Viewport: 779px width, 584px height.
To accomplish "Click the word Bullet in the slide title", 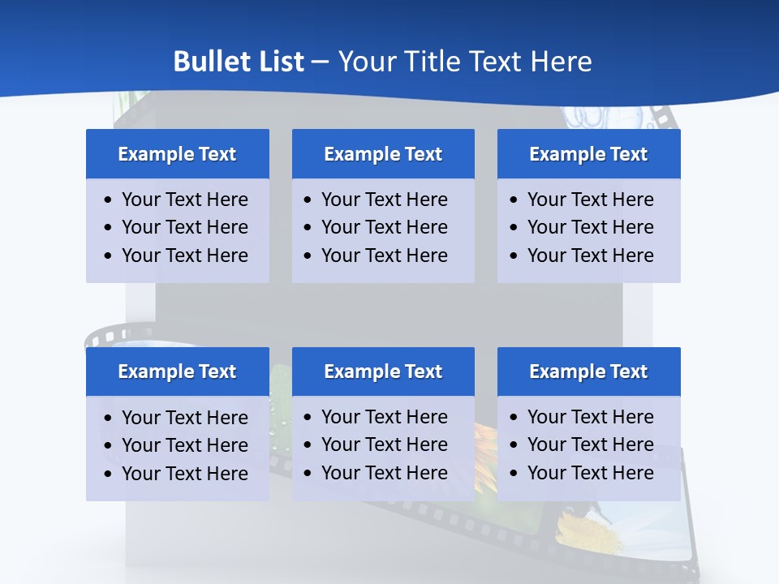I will click(x=204, y=62).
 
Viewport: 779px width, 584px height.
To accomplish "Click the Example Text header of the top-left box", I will click(x=177, y=154).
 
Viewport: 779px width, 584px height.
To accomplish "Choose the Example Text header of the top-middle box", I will click(x=383, y=154).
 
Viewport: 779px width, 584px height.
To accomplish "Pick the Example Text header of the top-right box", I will click(x=588, y=154).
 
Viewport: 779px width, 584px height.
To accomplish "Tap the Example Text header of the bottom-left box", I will click(x=177, y=371).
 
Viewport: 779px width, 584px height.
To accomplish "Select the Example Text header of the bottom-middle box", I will click(x=383, y=371).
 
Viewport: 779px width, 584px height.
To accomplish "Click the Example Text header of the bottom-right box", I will click(x=588, y=371).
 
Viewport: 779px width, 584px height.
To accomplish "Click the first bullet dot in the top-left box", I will click(x=109, y=200).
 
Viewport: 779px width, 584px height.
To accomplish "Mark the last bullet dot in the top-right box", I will click(x=514, y=256).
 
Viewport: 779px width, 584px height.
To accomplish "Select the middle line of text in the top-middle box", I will click(x=384, y=227).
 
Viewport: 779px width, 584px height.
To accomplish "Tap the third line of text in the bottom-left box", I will click(x=184, y=474).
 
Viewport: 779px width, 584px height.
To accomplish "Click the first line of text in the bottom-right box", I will click(x=590, y=417).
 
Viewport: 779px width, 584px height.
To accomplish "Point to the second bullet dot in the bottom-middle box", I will click(x=308, y=445).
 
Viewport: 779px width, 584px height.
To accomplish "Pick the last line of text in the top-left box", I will click(x=184, y=255).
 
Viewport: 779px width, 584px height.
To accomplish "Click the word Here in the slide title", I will click(x=561, y=62).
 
